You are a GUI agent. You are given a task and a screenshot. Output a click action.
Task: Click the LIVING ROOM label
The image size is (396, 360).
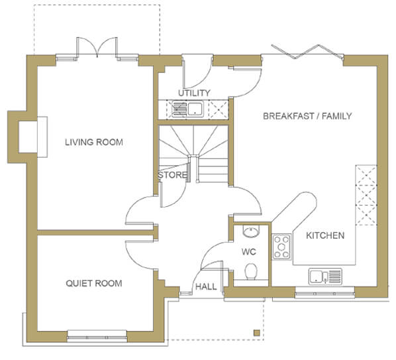point(94,142)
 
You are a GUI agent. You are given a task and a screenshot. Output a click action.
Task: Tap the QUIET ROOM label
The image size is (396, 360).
point(94,283)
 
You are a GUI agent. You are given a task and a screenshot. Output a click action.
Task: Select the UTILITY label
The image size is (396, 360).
point(194,93)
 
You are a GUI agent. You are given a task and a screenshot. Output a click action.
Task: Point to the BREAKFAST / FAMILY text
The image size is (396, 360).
point(307,116)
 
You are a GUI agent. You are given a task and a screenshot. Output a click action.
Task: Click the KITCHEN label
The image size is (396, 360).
point(325,235)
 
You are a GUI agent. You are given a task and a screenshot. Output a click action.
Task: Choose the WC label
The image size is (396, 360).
point(249,252)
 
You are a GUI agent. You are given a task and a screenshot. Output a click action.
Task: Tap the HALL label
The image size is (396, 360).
point(206,286)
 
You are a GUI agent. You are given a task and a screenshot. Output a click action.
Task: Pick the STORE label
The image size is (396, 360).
point(172,175)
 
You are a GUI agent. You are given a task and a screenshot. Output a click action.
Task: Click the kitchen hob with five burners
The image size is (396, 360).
point(281,247)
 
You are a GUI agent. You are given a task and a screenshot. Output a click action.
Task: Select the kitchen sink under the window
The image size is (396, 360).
point(325,276)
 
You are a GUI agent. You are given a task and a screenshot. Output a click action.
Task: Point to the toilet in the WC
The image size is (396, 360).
point(251,272)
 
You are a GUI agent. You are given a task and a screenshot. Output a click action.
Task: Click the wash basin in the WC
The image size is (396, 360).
point(251,231)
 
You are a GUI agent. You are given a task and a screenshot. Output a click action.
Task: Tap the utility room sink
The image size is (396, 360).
point(187,109)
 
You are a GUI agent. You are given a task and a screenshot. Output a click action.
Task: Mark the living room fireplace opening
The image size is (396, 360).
point(28,137)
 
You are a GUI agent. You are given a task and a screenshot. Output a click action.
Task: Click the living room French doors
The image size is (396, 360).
point(97,48)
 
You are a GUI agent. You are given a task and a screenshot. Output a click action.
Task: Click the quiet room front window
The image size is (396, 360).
point(97,336)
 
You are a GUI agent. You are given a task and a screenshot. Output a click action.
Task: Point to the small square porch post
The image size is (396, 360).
point(256,333)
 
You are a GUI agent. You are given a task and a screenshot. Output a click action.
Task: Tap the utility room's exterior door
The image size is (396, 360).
point(197,71)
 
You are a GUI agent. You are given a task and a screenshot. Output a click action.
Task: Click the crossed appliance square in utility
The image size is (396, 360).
point(219,109)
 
